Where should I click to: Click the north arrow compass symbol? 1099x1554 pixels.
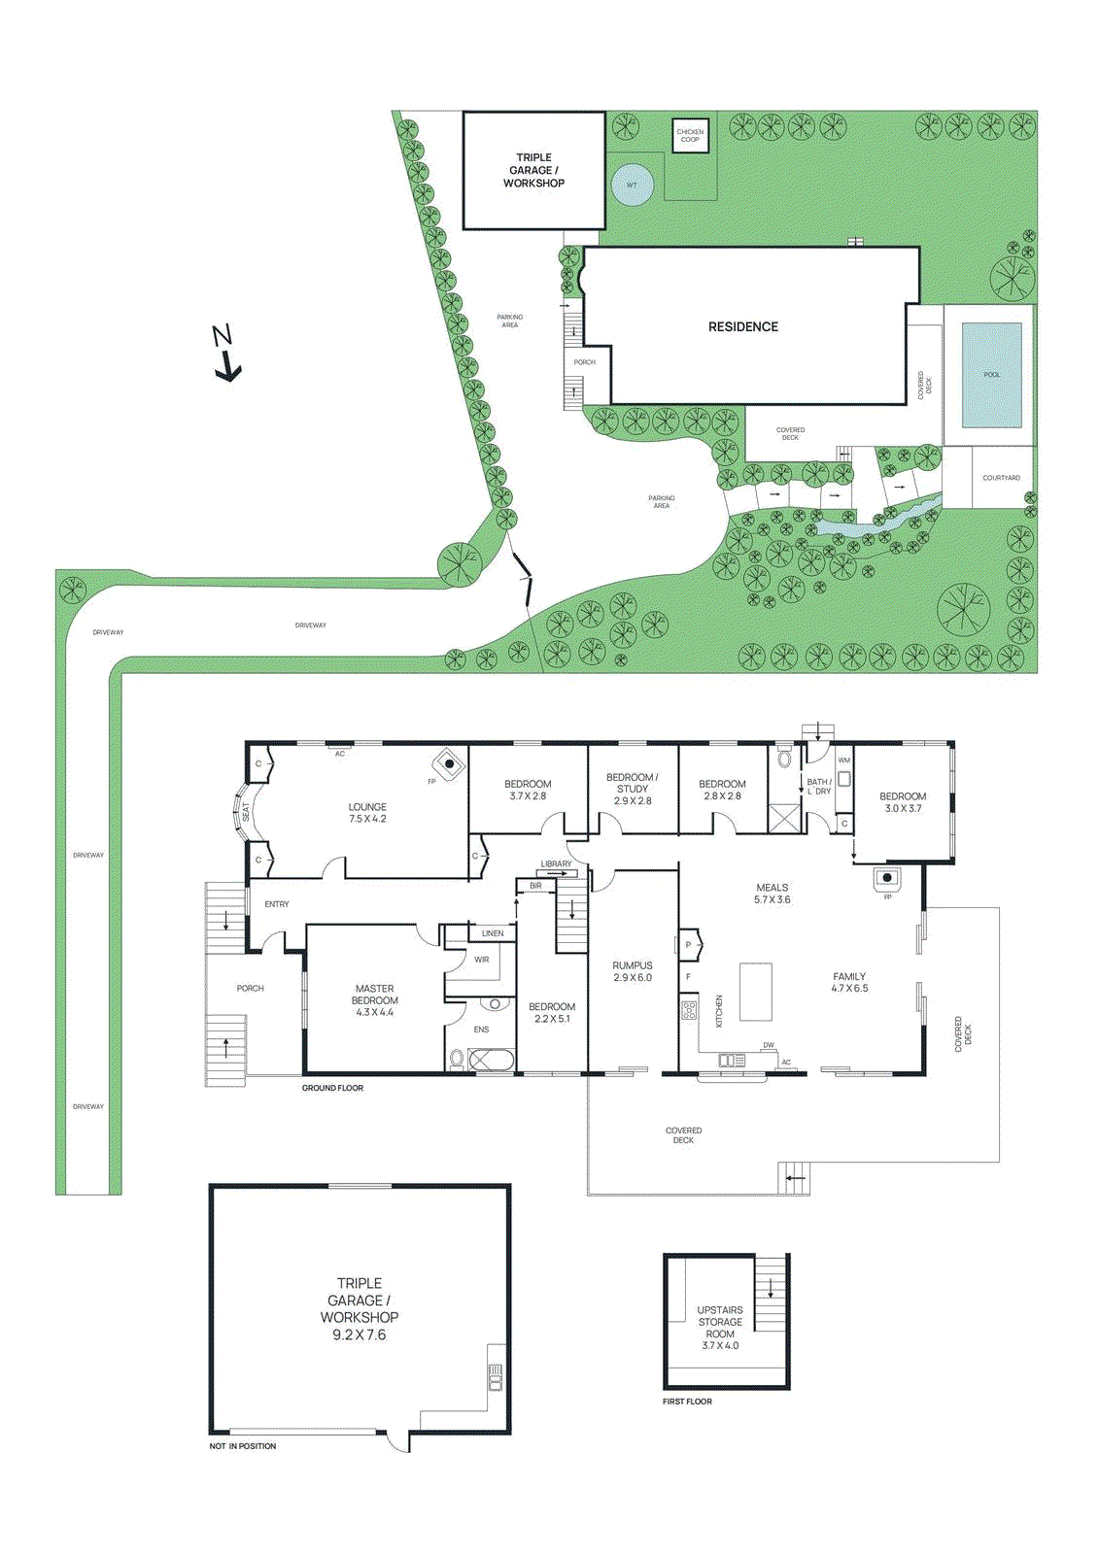pyautogui.click(x=225, y=355)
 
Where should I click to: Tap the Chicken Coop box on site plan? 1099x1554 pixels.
pyautogui.click(x=690, y=136)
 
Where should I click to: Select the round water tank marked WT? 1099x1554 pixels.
pyautogui.click(x=632, y=185)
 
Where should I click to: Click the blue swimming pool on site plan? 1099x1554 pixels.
pyautogui.click(x=991, y=375)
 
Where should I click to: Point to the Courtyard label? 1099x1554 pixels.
pyautogui.click(x=1001, y=478)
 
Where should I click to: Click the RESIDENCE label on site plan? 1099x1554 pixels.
pyautogui.click(x=743, y=327)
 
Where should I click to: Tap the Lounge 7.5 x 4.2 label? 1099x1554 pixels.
pyautogui.click(x=367, y=813)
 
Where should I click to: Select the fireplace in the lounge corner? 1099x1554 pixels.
pyautogui.click(x=449, y=764)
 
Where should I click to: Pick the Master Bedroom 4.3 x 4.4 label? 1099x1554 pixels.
pyautogui.click(x=374, y=1000)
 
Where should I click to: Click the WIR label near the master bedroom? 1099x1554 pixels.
pyautogui.click(x=482, y=960)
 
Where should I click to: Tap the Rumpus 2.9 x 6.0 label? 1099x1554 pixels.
pyautogui.click(x=633, y=972)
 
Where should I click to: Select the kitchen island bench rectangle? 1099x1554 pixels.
pyautogui.click(x=756, y=991)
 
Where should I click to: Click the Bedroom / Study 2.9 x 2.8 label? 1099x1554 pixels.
pyautogui.click(x=633, y=789)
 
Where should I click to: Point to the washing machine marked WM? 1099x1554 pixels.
pyautogui.click(x=844, y=776)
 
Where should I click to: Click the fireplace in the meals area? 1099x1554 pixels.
pyautogui.click(x=886, y=880)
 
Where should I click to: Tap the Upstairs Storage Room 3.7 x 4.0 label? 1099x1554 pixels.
pyautogui.click(x=720, y=1328)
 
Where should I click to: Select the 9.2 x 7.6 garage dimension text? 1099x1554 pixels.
pyautogui.click(x=360, y=1335)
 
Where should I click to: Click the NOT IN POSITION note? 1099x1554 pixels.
pyautogui.click(x=243, y=1446)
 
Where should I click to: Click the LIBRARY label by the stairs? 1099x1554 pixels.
pyautogui.click(x=557, y=863)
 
